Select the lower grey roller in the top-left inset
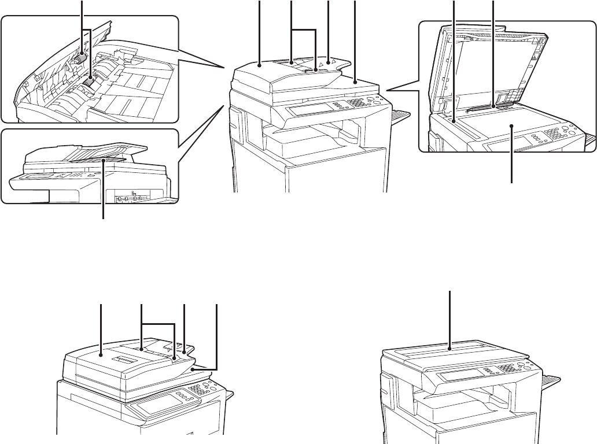click(89, 84)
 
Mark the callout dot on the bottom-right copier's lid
click(451, 349)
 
